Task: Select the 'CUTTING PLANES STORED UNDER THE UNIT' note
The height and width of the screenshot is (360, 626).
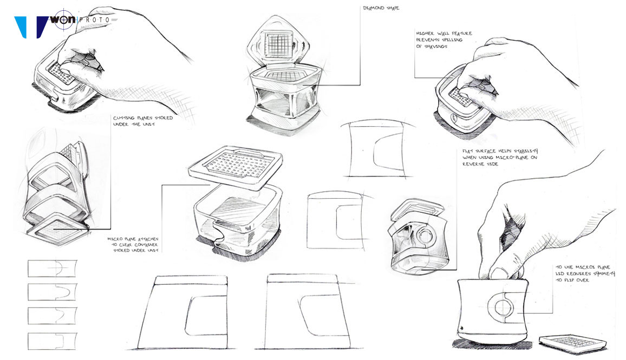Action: pos(142,122)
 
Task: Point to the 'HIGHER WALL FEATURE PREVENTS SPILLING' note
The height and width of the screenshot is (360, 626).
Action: pos(444,40)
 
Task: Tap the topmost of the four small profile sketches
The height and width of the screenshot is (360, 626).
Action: pos(52,269)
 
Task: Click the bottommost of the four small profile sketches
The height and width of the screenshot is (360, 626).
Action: pos(52,341)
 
